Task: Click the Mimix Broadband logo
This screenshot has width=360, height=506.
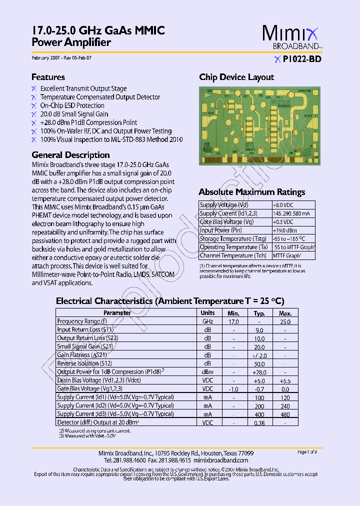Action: pyautogui.click(x=292, y=37)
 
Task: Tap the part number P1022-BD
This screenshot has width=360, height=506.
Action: pyautogui.click(x=301, y=59)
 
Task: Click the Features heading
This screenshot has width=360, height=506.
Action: pyautogui.click(x=48, y=77)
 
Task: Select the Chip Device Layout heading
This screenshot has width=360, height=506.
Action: pyautogui.click(x=236, y=77)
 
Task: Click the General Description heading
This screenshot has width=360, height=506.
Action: pyautogui.click(x=70, y=155)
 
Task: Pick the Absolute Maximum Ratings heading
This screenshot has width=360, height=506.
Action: pyautogui.click(x=251, y=192)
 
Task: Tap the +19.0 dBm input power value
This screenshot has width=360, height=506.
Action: pyautogui.click(x=284, y=230)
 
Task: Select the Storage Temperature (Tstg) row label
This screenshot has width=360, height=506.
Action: pyautogui.click(x=233, y=239)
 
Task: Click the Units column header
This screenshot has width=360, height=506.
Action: pyautogui.click(x=207, y=313)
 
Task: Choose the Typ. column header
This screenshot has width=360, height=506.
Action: pyautogui.click(x=259, y=313)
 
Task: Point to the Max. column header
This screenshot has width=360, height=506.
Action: pyautogui.click(x=285, y=313)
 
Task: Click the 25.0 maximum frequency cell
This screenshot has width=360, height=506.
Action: pyautogui.click(x=285, y=321)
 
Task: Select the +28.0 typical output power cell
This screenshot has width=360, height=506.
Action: pyautogui.click(x=259, y=372)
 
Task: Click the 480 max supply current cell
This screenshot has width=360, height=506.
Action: pyautogui.click(x=285, y=414)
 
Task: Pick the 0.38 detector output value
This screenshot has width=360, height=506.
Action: pyautogui.click(x=259, y=422)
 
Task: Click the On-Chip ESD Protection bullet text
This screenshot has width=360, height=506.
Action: pyautogui.click(x=72, y=105)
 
